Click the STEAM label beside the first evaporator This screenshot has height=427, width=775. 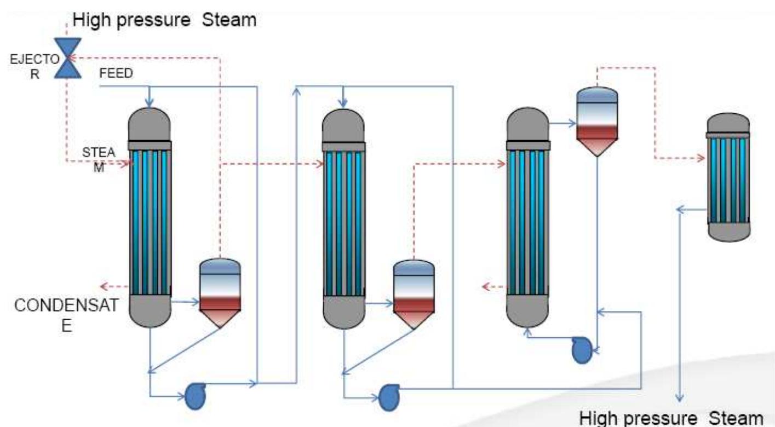pyautogui.click(x=99, y=158)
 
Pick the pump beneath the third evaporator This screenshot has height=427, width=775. pyautogui.click(x=582, y=350)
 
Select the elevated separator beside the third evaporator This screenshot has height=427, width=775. pyautogui.click(x=598, y=121)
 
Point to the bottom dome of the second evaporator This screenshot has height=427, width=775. pyautogui.click(x=343, y=312)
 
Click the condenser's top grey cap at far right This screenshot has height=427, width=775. pyautogui.click(x=728, y=123)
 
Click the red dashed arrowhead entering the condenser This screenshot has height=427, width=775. pyautogui.click(x=701, y=158)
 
